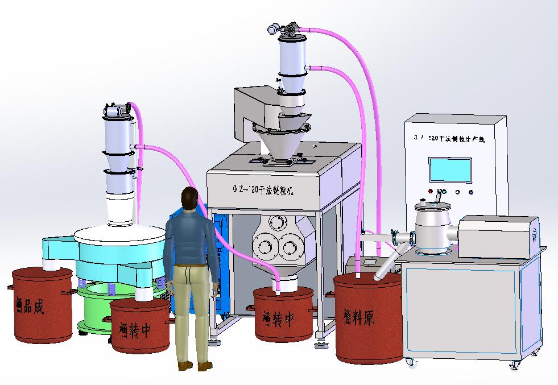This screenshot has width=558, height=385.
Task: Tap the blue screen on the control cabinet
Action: pos(450,169)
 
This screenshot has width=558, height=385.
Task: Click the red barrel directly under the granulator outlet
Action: pos(283,313)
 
